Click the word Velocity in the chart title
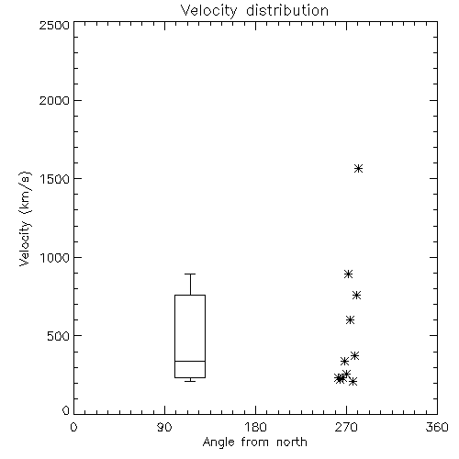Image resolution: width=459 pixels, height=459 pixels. coord(208,11)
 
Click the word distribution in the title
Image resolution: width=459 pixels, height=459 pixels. coord(287,10)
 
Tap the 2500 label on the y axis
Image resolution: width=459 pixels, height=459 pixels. coord(54,25)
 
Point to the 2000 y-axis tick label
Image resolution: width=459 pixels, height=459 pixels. coord(54,100)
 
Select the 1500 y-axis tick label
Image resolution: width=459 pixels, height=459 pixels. coord(55,179)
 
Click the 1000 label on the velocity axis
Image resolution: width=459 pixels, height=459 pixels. coord(55,257)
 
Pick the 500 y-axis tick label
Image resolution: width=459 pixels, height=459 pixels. coord(59,336)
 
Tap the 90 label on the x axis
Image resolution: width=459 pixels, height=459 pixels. coord(164,427)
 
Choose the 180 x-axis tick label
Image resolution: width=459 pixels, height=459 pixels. coord(255,427)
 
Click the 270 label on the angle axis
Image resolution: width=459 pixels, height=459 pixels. coord(346,427)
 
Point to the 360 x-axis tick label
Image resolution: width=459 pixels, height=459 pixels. coord(437,427)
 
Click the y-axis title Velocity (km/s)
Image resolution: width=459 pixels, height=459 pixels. coord(25,218)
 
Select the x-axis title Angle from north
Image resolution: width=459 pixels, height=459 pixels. coord(255,442)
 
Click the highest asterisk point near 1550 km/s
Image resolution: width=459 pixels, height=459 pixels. coord(359,168)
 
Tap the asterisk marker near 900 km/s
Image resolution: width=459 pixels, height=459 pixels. coord(348,274)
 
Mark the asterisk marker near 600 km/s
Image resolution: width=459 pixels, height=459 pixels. coord(350,320)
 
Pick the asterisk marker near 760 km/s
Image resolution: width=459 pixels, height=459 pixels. coord(356,295)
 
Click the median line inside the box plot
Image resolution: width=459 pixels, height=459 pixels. coord(190,361)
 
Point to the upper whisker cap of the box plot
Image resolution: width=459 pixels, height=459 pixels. coord(190,274)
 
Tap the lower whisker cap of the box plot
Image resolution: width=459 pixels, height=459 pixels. coord(190,381)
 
